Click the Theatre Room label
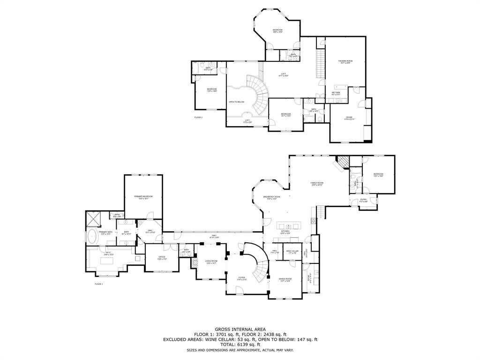(x=345, y=61)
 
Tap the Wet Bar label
(x=336, y=93)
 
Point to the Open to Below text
(x=236, y=102)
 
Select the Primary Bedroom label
(x=143, y=197)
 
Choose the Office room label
(x=162, y=257)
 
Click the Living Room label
(x=211, y=262)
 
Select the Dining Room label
(x=285, y=280)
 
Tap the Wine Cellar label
(x=292, y=252)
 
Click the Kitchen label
(x=285, y=232)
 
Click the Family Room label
(x=317, y=183)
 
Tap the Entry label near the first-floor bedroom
(x=363, y=201)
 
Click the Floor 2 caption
(x=198, y=117)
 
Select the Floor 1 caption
(x=98, y=284)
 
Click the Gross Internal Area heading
(x=240, y=329)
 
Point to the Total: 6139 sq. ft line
(x=240, y=345)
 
